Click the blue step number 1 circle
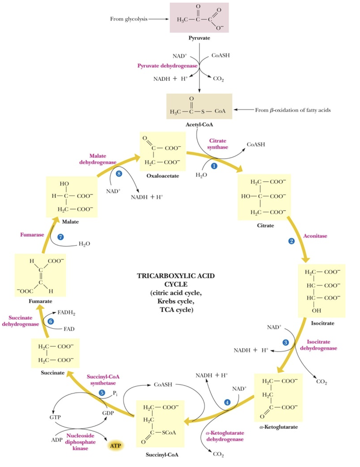(214, 166)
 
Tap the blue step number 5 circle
(102, 393)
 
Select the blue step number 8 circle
(119, 174)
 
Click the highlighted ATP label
(115, 446)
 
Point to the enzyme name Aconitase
(315, 236)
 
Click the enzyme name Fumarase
(32, 234)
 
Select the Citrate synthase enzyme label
(218, 144)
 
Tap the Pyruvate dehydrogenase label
(167, 66)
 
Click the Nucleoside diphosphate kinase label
(80, 442)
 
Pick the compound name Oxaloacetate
(163, 176)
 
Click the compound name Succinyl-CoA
(162, 454)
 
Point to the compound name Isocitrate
(322, 323)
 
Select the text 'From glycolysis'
(129, 19)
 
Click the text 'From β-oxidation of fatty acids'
(293, 110)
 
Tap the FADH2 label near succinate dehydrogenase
(66, 312)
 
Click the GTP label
(55, 417)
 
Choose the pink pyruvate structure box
(199, 18)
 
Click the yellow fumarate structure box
(40, 275)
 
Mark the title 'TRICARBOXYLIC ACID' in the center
(176, 276)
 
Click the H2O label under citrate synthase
(201, 175)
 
